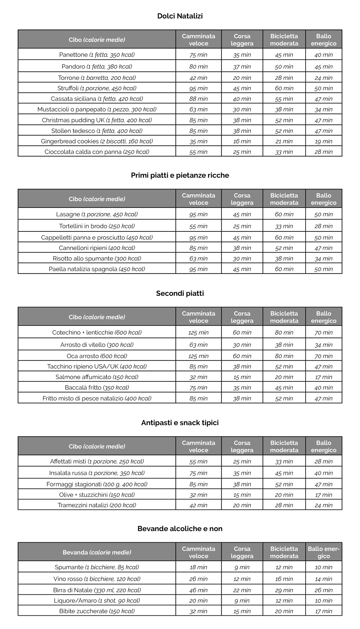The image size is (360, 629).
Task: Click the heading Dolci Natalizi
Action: pos(180,16)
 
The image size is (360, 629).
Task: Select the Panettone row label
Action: pos(97,55)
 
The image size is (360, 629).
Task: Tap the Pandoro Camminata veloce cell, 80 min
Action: pos(198,67)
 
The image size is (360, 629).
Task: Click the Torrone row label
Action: pos(97,78)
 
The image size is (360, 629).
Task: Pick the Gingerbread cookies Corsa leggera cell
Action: pos(242,141)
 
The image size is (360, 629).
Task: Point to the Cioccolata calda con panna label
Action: pos(97,152)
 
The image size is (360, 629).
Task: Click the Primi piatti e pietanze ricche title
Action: pos(180,175)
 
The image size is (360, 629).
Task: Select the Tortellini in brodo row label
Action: pos(97,226)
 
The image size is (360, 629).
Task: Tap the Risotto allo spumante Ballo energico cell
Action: pos(323,258)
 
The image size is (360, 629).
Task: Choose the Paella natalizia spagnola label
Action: pos(97,269)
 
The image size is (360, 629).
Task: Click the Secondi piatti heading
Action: pos(180,293)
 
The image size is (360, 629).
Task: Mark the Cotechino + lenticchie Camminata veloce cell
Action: pos(198,332)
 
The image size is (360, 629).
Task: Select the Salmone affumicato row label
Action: pos(97,377)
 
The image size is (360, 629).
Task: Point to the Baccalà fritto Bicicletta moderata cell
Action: pos(284,388)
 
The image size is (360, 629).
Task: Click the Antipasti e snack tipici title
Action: pos(180,423)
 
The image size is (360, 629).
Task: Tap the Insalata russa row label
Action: pos(97,473)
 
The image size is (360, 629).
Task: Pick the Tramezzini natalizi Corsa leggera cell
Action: pos(242,505)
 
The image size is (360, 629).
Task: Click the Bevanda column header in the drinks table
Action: pos(97,552)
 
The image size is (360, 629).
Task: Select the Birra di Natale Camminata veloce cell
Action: pos(198,590)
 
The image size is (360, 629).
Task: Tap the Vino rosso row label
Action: pos(97,579)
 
